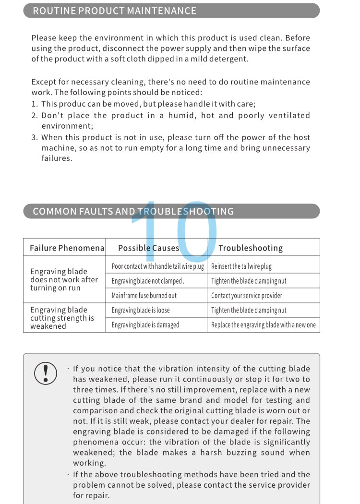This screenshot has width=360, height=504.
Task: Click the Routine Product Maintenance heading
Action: click(x=114, y=11)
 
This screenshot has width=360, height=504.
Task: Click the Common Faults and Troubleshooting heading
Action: click(x=133, y=211)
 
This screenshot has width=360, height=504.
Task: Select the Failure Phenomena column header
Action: click(x=67, y=248)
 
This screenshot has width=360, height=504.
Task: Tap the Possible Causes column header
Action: click(x=148, y=248)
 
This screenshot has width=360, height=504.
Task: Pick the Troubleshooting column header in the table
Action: click(x=251, y=248)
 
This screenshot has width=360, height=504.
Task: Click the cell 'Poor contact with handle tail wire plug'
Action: click(x=157, y=266)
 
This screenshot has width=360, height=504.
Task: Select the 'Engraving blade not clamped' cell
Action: click(x=148, y=281)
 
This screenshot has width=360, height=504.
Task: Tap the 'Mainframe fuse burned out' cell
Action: click(x=144, y=295)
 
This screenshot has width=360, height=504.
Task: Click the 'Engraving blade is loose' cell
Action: click(x=141, y=310)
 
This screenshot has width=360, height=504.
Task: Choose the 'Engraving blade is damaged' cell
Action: click(x=145, y=325)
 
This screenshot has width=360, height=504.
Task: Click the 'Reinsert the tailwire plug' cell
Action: click(x=241, y=266)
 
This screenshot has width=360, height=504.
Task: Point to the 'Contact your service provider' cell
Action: click(x=247, y=295)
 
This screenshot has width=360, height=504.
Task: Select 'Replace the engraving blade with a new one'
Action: click(x=264, y=325)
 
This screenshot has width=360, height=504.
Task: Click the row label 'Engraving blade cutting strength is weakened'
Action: click(x=62, y=318)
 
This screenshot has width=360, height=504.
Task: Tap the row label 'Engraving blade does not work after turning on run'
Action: click(x=64, y=279)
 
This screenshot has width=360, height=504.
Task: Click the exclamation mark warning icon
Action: click(x=46, y=373)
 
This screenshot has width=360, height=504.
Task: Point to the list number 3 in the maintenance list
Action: click(x=34, y=137)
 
